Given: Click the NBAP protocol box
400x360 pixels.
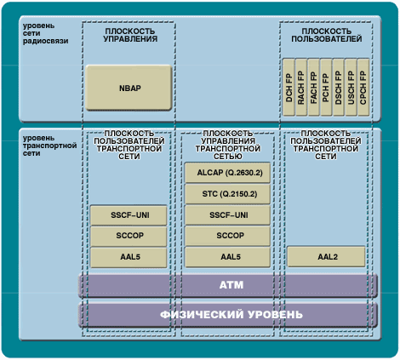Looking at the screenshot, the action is point(129,88).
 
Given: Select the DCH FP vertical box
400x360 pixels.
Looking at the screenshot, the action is point(289,88).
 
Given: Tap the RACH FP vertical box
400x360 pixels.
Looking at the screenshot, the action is point(301,88).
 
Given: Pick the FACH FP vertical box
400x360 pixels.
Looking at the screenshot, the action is point(313,88).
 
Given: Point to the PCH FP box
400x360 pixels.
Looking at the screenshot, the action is point(326,88).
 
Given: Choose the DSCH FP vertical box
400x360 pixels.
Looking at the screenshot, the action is point(339,88).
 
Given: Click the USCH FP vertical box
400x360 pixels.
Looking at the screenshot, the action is point(351,88).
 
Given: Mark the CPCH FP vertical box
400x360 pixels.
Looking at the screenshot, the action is point(363,88).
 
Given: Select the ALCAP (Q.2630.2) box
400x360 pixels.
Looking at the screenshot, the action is point(227,173).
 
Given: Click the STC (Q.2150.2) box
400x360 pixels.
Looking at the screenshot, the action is point(227,194).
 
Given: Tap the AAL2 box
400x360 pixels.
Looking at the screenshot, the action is point(326,257).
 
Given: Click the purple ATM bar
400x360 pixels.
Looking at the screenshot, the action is point(228,285).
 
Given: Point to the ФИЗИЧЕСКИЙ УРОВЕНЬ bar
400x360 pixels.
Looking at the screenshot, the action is point(228,315).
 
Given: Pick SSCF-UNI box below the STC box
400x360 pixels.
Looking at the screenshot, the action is point(227,215).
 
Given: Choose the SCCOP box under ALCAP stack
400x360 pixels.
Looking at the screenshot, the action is point(227,236).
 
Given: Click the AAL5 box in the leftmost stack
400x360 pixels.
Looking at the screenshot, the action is point(129,257).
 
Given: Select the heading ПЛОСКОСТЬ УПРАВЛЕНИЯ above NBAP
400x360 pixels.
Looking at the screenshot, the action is point(130,35).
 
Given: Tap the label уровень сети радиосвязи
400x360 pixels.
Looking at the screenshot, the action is point(45,33).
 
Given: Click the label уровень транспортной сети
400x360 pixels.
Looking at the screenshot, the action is point(49,146).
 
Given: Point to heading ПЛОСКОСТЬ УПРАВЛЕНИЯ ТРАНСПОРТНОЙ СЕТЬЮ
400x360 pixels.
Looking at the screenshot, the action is point(228,145).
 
